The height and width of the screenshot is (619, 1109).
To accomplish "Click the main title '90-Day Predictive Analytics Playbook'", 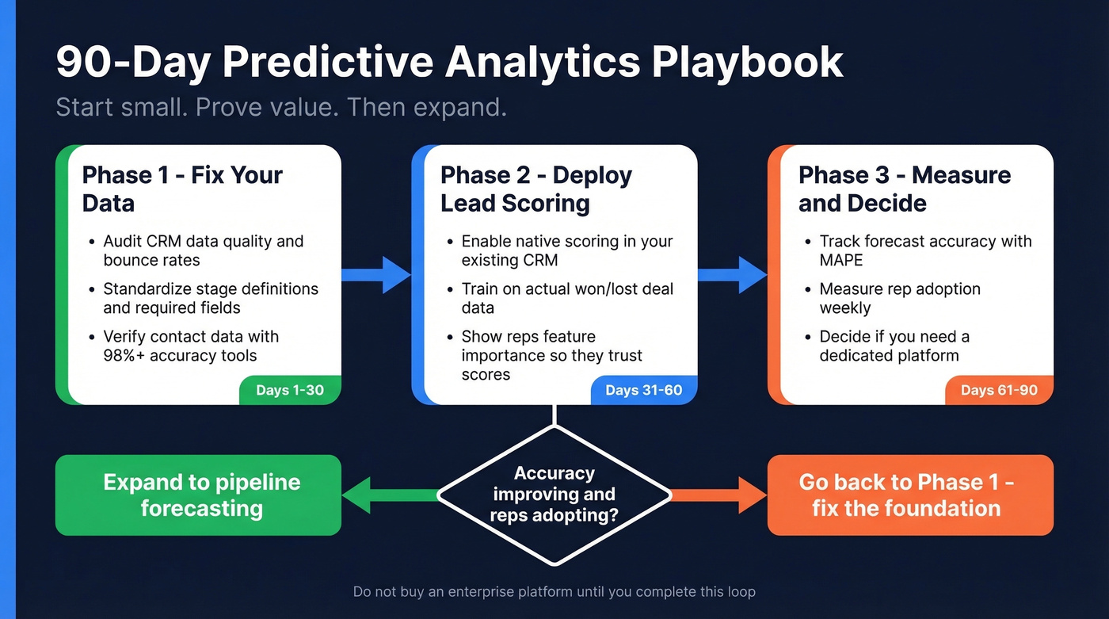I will pyautogui.click(x=449, y=62).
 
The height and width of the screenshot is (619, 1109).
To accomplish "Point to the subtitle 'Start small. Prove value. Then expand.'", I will pyautogui.click(x=280, y=107).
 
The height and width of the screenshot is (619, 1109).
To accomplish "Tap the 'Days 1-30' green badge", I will pyautogui.click(x=290, y=390).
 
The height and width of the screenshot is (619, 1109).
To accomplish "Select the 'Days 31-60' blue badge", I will pyautogui.click(x=644, y=390).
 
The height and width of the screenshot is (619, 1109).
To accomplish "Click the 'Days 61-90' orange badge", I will pyautogui.click(x=999, y=390).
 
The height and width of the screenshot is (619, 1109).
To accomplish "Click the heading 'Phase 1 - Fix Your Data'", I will pyautogui.click(x=182, y=189).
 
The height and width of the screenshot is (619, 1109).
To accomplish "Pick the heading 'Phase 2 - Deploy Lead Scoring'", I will pyautogui.click(x=536, y=189).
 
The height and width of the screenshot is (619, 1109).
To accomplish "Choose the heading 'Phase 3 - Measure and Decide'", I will pyautogui.click(x=904, y=189).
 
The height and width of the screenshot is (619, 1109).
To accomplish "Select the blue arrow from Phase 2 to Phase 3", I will pyautogui.click(x=733, y=274).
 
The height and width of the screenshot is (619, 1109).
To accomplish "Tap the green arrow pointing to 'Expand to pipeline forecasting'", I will pyautogui.click(x=388, y=495).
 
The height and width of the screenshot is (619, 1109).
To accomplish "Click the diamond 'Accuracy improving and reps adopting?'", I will pyautogui.click(x=554, y=495).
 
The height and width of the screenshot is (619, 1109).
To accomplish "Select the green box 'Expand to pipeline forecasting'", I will pyautogui.click(x=198, y=495).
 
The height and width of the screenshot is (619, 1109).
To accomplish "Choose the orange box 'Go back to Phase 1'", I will pyautogui.click(x=910, y=495).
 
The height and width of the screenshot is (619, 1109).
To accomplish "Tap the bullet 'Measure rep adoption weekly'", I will pyautogui.click(x=900, y=299).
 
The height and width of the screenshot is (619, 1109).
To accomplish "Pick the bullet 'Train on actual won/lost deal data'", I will pyautogui.click(x=567, y=299).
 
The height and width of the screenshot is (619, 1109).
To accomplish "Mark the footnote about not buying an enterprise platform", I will pyautogui.click(x=554, y=591).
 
